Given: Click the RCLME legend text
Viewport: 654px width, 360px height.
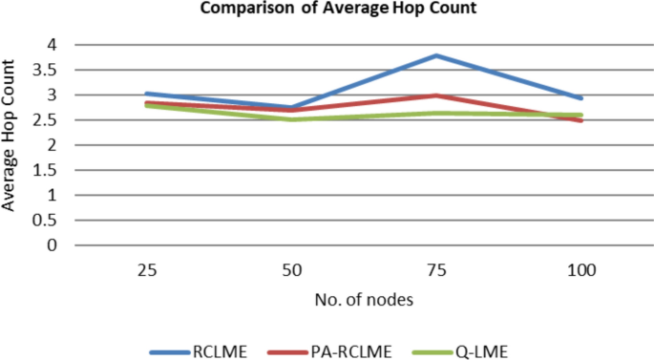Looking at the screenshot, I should [x=220, y=350].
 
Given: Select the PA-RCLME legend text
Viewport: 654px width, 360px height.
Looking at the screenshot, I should [x=350, y=350].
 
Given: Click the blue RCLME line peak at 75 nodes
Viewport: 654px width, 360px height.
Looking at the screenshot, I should [x=435, y=55].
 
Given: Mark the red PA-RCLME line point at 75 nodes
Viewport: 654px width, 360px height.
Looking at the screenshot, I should [x=435, y=95].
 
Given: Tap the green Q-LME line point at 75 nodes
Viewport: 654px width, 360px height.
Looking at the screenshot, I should [x=435, y=113].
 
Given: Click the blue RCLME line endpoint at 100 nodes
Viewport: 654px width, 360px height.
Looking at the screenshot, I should [x=580, y=98].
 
